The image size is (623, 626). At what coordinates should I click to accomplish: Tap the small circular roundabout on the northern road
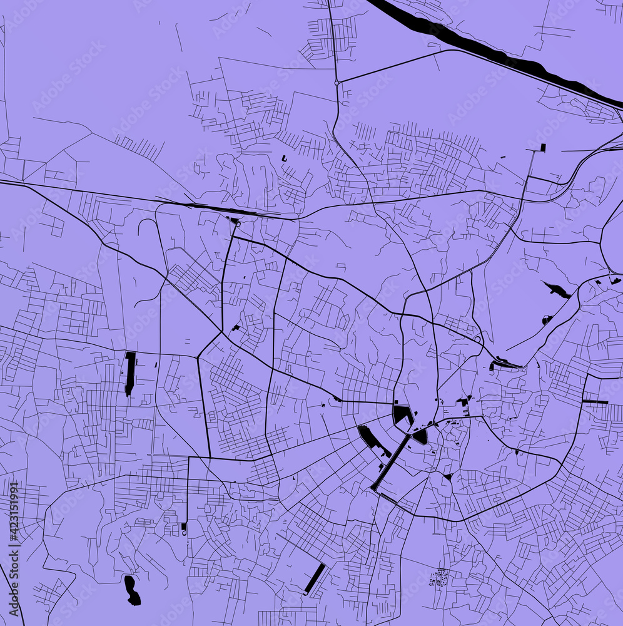[x=337, y=83]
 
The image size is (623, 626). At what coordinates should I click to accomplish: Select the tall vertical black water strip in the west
[x=130, y=373]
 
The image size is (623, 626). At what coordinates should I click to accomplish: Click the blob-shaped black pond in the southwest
[x=132, y=590]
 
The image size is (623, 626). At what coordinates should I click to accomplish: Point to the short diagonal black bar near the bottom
[x=315, y=578]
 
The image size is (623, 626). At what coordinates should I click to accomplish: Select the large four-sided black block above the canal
[x=402, y=414]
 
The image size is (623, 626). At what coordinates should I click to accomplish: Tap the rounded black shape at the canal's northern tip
[x=420, y=435]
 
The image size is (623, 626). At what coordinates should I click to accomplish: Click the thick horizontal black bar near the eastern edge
[x=595, y=401]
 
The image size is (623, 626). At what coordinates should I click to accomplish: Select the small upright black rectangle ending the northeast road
[x=542, y=148]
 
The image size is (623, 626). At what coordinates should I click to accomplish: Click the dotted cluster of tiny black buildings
[x=439, y=577]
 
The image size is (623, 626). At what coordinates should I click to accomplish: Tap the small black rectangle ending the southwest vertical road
[x=184, y=528]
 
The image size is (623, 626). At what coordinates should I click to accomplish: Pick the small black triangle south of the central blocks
[x=448, y=477]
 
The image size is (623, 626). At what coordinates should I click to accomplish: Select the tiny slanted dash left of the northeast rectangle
[x=504, y=155]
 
